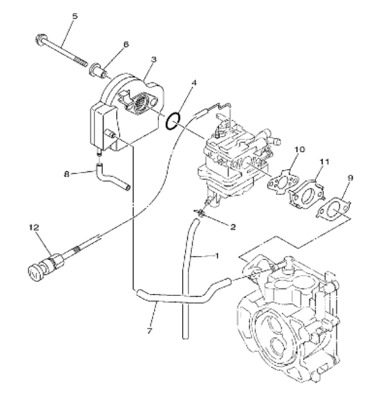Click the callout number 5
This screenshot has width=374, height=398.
tap(75, 16)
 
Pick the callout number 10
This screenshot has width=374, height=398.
tap(299, 148)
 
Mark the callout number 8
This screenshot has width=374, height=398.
tap(68, 174)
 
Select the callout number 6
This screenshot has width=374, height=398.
tap(126, 44)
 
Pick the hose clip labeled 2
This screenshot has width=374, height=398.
tap(201, 213)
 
